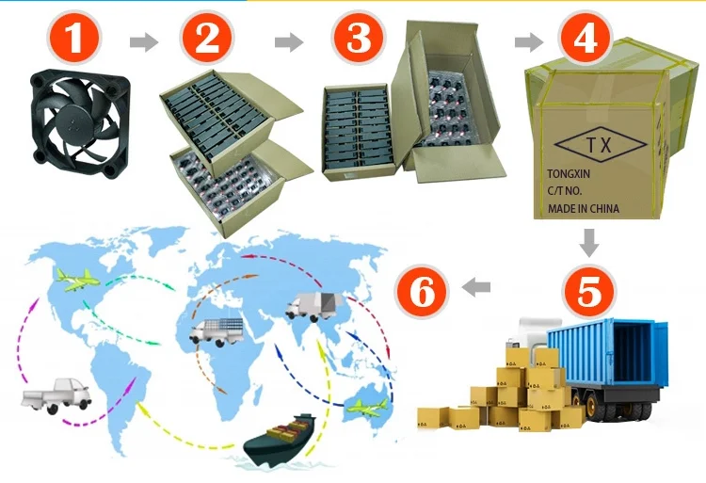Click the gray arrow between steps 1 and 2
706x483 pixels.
143,41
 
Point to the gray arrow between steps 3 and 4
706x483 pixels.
529,41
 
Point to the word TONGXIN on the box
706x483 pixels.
576,174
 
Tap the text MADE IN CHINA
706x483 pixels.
584,208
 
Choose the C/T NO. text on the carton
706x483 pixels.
568,191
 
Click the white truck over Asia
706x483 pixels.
313,306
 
